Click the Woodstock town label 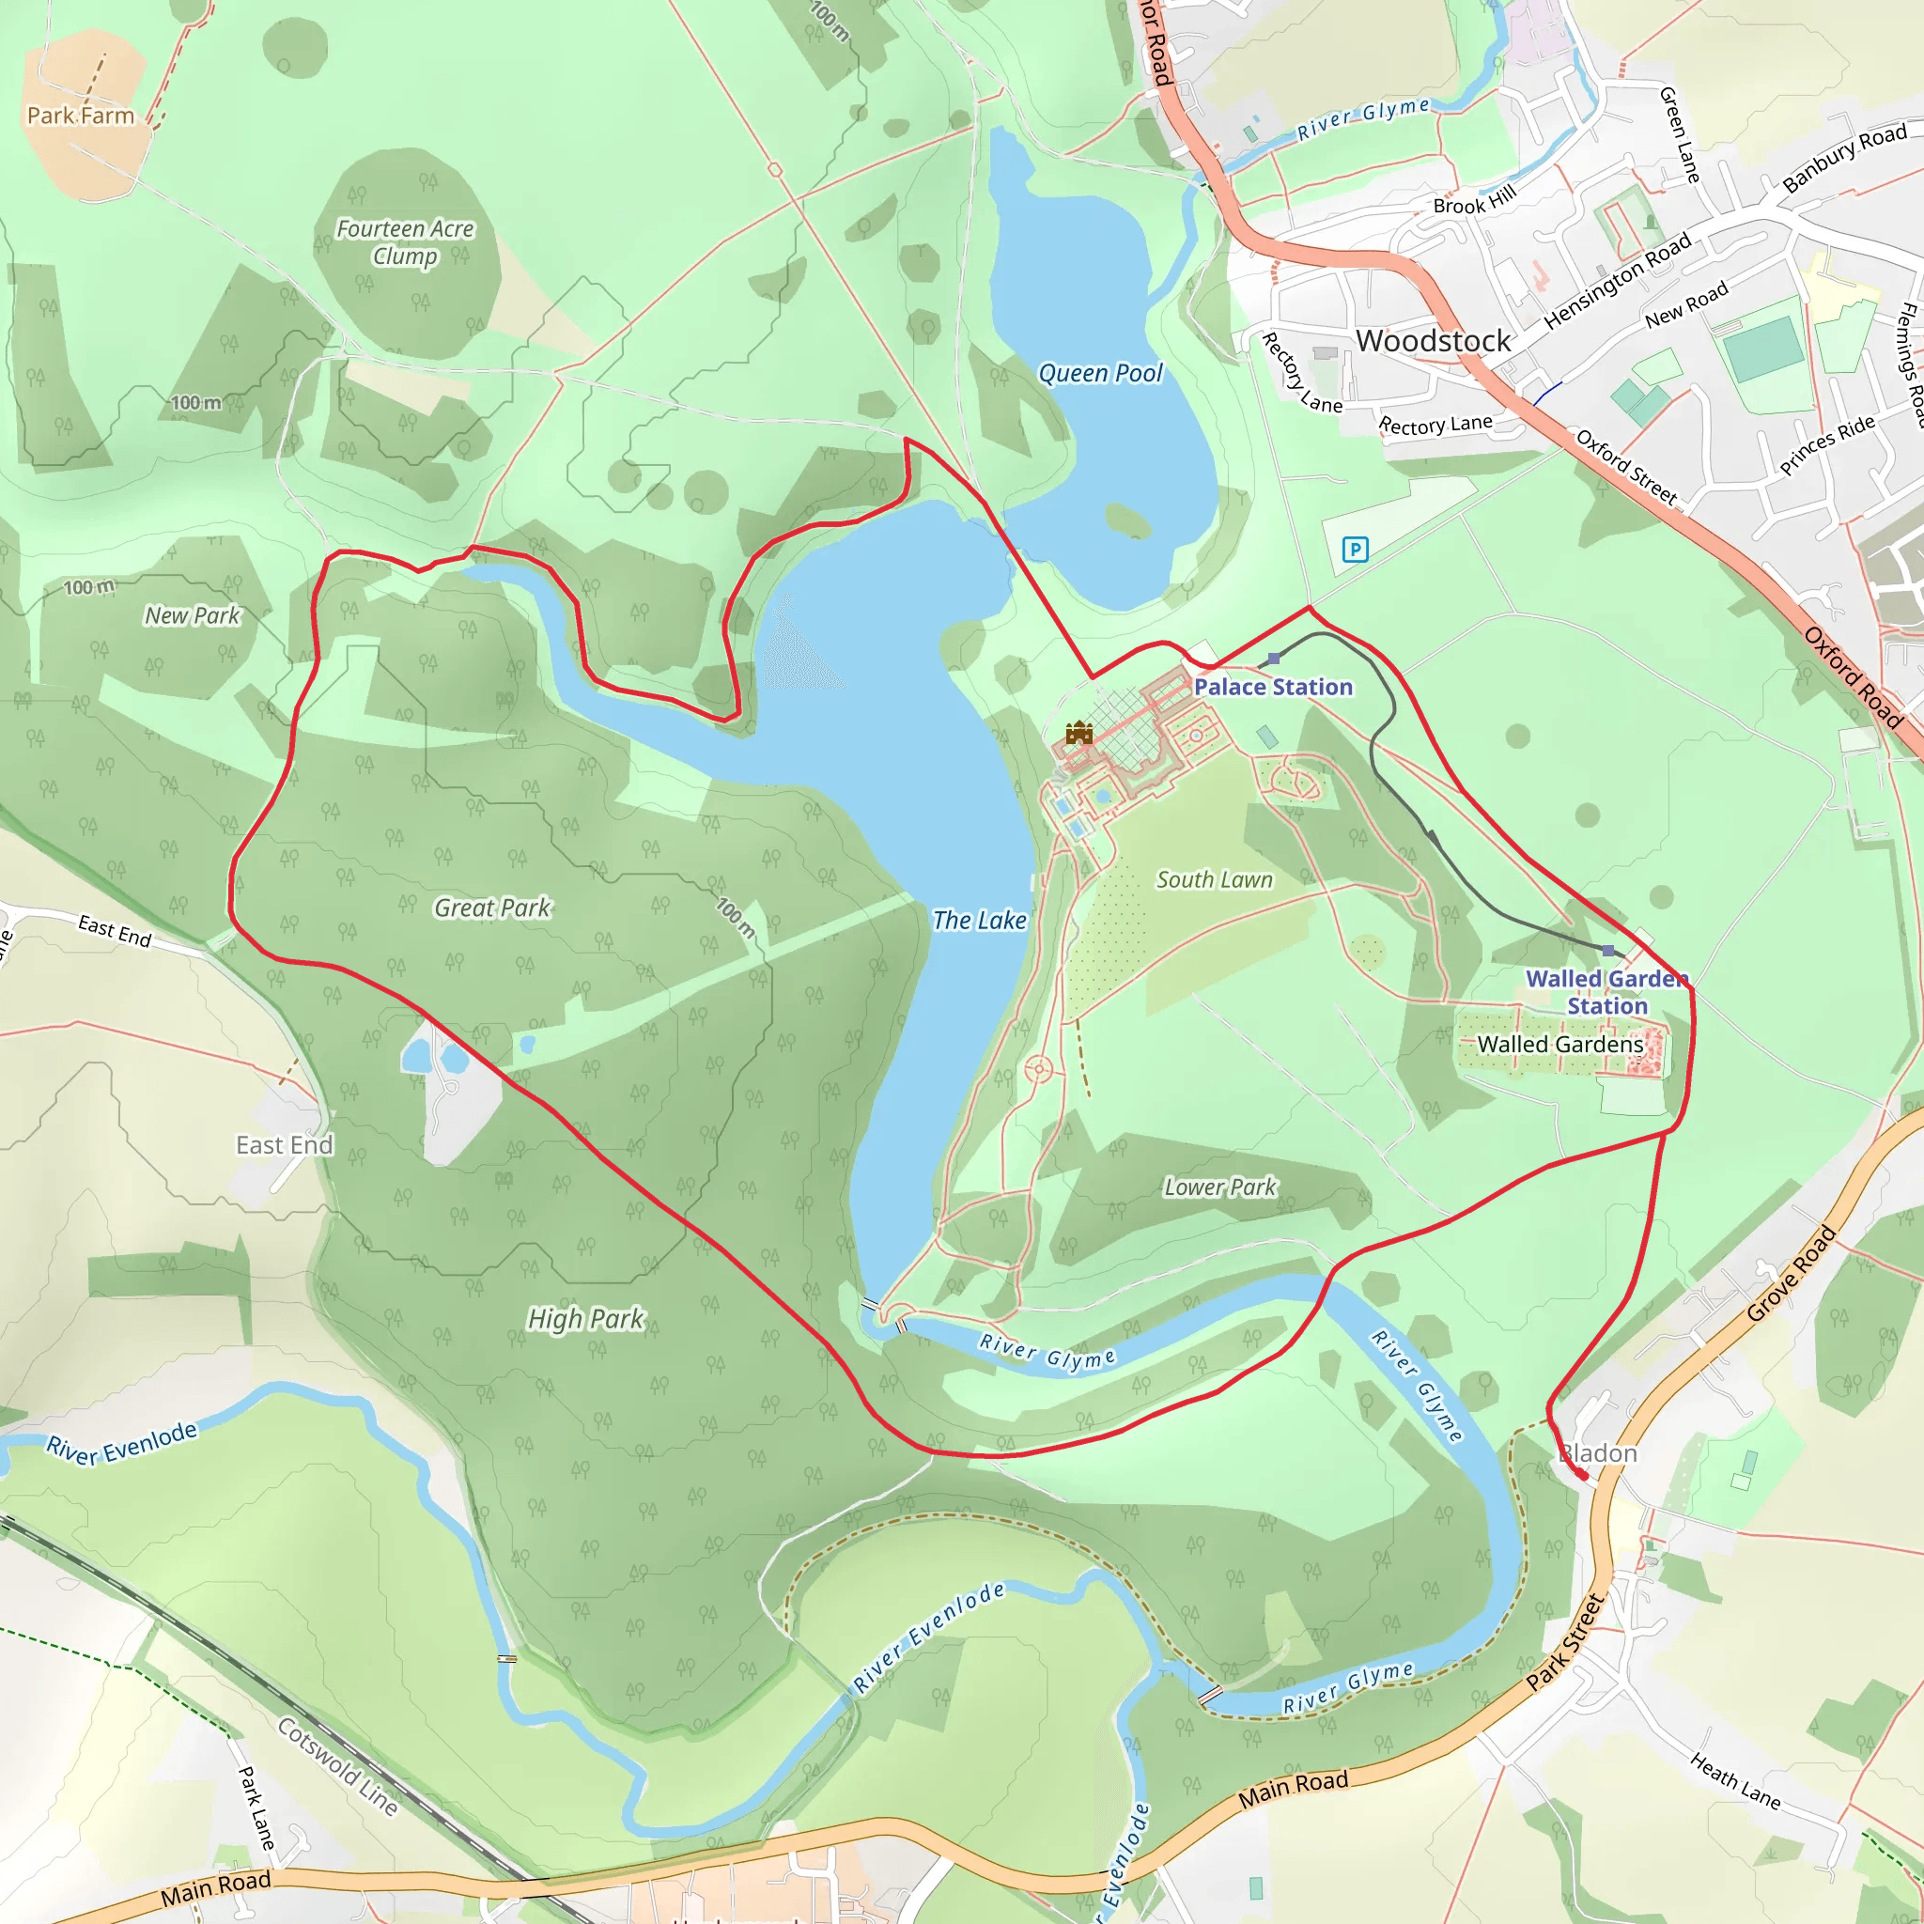1432,342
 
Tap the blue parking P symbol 1355,549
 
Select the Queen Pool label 1099,374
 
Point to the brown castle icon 1078,734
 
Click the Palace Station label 1273,687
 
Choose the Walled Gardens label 1559,1044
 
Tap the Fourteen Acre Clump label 404,242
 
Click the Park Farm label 81,116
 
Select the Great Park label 492,908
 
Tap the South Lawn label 1214,879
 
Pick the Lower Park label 1220,1187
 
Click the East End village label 285,1145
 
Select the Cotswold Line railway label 337,1765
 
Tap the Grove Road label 1791,1275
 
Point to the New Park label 193,615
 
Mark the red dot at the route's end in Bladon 1582,1475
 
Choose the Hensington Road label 1618,281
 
